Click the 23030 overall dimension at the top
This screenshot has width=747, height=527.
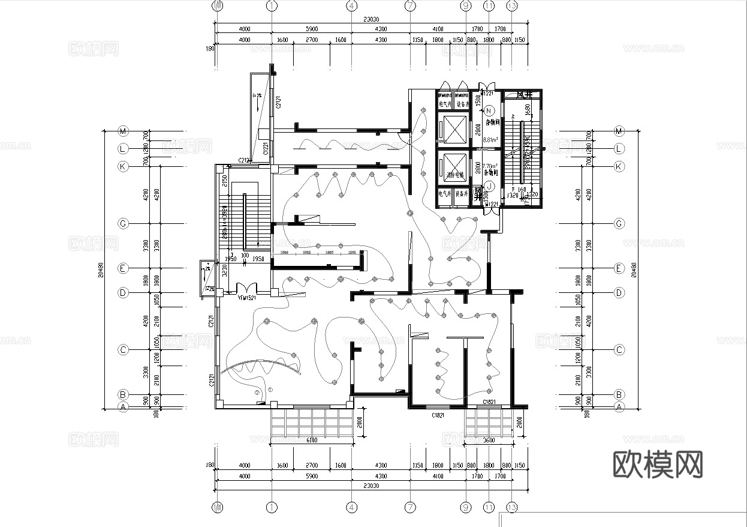[371, 20]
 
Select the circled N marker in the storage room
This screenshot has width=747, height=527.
[489, 110]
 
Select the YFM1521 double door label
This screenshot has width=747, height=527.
[246, 298]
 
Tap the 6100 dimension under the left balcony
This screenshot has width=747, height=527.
[312, 441]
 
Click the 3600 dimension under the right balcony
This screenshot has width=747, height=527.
[489, 441]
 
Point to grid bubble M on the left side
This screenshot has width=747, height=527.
[124, 131]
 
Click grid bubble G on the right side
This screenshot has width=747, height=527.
[619, 224]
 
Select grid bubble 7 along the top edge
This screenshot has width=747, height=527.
[410, 6]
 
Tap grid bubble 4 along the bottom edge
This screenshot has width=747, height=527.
[352, 507]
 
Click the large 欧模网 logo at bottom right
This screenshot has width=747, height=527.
[658, 464]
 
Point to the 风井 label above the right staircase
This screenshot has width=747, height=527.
[525, 95]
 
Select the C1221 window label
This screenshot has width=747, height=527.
[264, 147]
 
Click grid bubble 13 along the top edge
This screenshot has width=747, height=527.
[511, 6]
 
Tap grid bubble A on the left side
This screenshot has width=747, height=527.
[124, 406]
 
